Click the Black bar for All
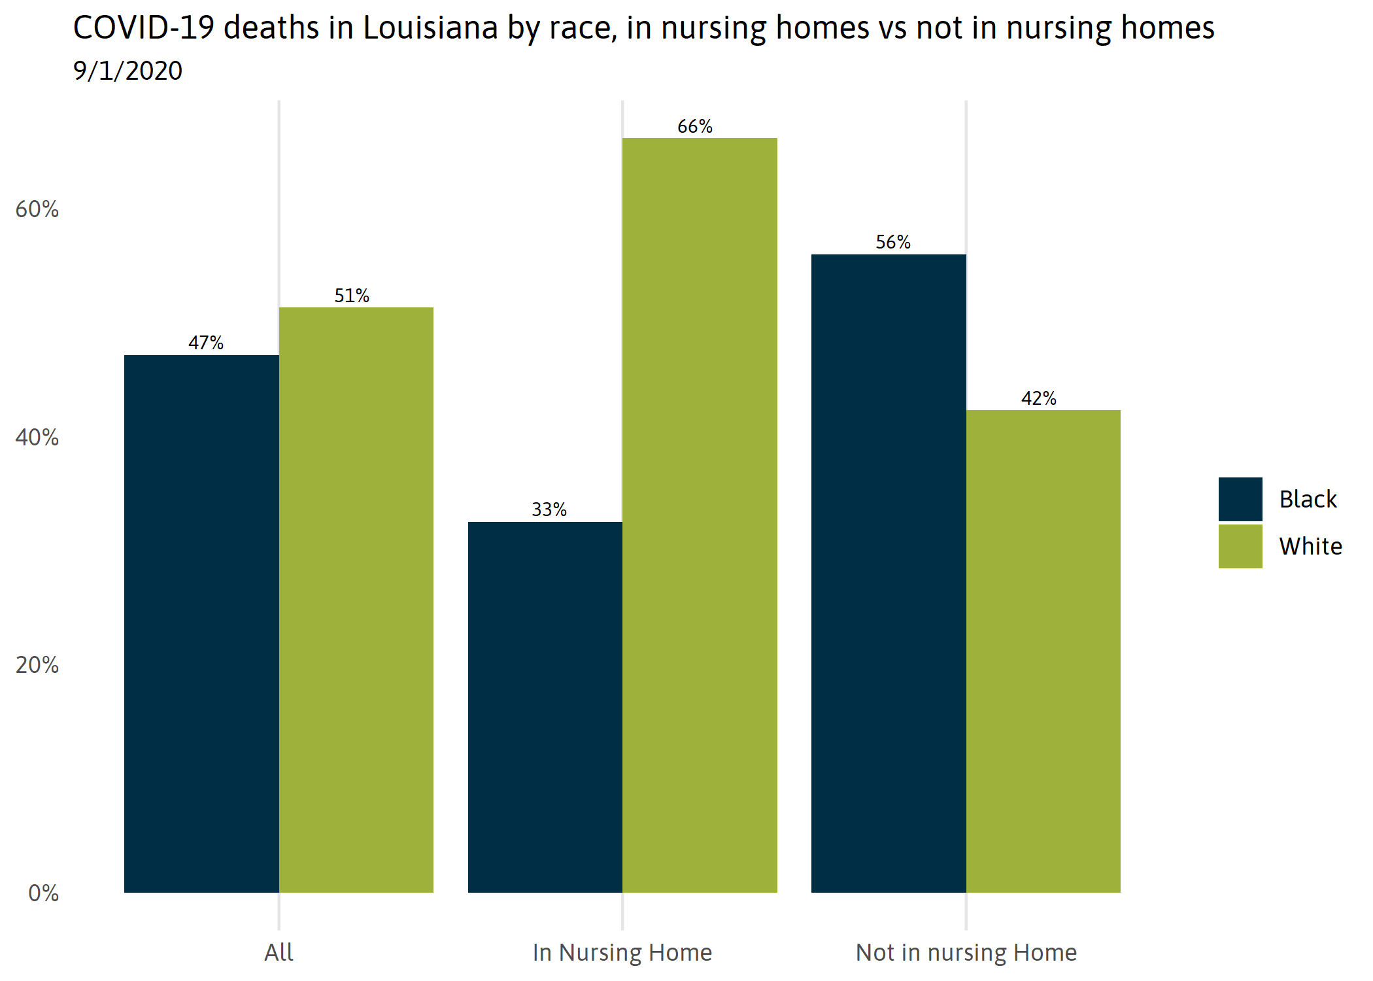pos(201,623)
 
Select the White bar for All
pos(356,600)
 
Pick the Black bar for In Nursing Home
pos(545,707)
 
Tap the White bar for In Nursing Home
pos(700,515)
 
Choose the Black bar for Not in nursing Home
pos(889,574)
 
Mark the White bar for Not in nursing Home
pos(1043,651)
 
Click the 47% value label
pos(206,343)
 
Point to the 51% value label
pos(352,296)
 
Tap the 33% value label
pos(549,509)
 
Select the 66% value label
pos(695,126)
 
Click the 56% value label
pos(893,242)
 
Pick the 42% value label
pos(1039,398)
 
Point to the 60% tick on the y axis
pos(37,209)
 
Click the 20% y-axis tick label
pos(37,665)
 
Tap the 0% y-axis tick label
pos(43,893)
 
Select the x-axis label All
pos(279,952)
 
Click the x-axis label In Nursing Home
pos(622,952)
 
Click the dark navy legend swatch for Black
pos(1240,499)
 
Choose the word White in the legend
pos(1310,546)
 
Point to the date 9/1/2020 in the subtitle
pos(128,71)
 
